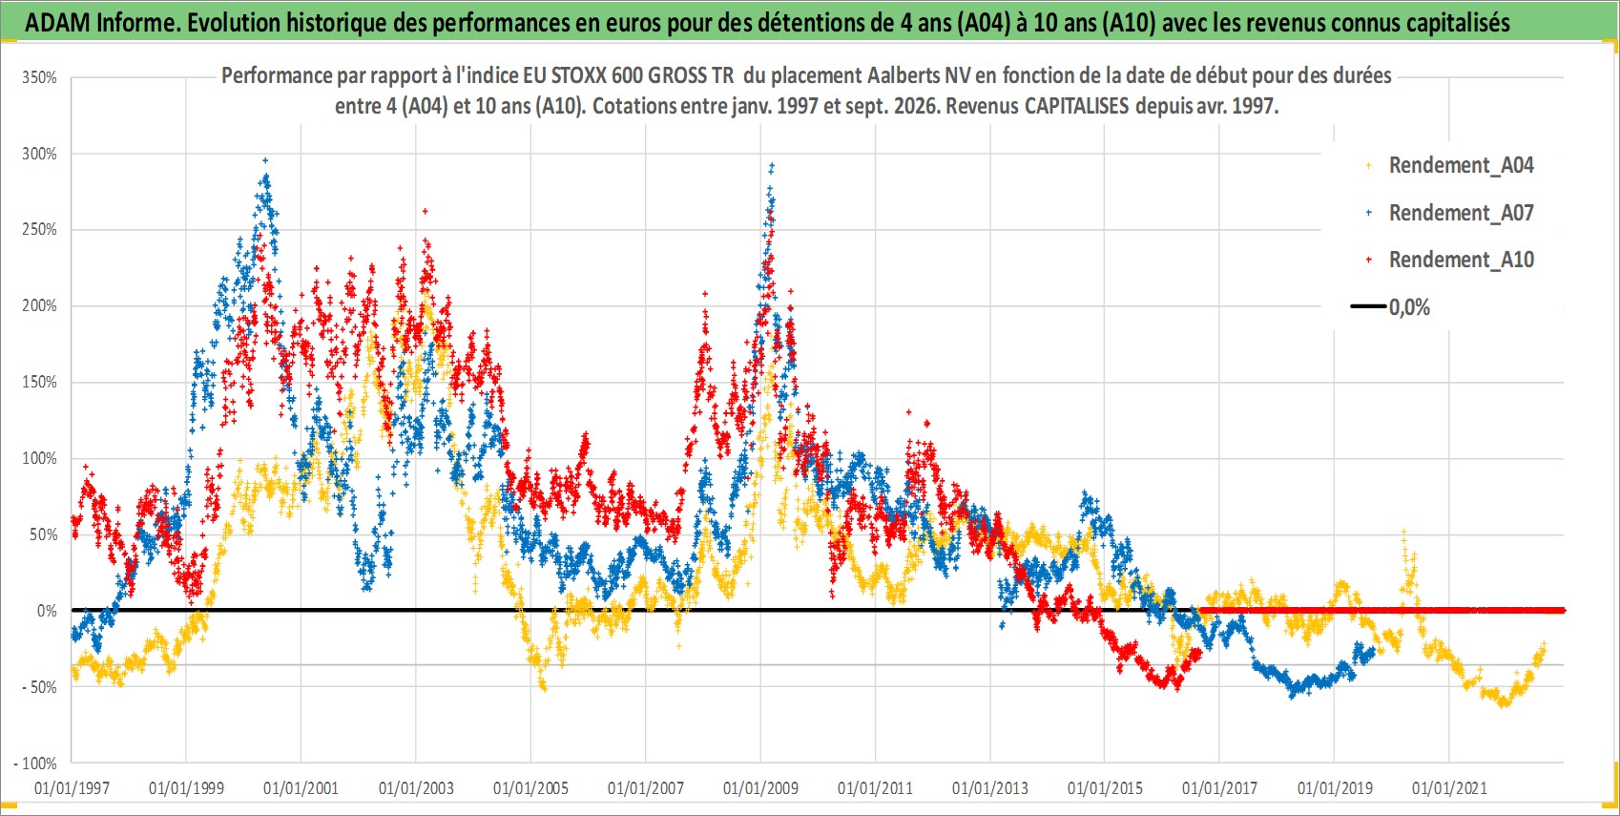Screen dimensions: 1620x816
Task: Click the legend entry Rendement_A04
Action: point(1461,166)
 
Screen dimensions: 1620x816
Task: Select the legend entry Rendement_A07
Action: point(1461,214)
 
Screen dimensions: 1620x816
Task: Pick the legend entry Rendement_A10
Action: point(1461,260)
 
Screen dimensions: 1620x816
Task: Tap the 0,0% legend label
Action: point(1409,307)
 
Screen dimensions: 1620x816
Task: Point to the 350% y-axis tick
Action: point(39,77)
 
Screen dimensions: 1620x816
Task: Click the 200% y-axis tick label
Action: point(39,306)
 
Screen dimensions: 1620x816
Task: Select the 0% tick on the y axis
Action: point(47,611)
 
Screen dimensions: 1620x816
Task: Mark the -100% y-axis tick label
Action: point(34,764)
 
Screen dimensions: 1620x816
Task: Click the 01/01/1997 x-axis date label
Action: point(72,787)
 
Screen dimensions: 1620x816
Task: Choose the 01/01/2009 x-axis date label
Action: point(760,787)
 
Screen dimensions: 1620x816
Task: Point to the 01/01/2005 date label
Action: point(530,787)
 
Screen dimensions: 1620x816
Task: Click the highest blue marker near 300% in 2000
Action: point(265,160)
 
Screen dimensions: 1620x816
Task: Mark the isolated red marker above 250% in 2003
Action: point(426,211)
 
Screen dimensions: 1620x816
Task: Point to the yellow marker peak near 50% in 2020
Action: point(1403,533)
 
